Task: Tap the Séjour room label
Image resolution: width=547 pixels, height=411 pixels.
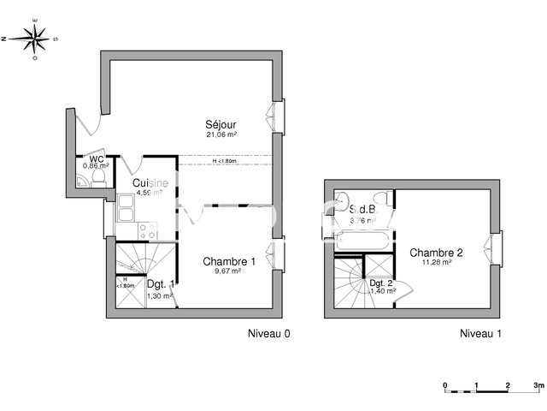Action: (x=220, y=123)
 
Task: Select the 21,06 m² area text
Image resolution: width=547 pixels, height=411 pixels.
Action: (x=221, y=134)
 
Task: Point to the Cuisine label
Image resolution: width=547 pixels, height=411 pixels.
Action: (x=150, y=182)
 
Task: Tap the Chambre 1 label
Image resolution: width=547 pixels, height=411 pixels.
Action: (x=228, y=261)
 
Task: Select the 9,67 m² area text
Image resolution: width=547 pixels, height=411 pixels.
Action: (x=228, y=271)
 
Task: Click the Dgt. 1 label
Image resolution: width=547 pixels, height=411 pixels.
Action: (x=160, y=283)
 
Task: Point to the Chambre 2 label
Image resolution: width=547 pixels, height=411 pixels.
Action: (x=436, y=252)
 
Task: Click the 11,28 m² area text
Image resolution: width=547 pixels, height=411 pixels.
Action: (x=436, y=262)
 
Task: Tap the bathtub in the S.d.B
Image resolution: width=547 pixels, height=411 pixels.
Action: (x=363, y=241)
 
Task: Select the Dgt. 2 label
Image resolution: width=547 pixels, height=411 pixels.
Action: (x=381, y=283)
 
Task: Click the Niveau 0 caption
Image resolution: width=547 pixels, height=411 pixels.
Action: (x=269, y=333)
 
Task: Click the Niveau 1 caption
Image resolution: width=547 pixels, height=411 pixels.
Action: (x=480, y=333)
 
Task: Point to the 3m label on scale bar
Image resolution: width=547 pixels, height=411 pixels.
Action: (x=537, y=385)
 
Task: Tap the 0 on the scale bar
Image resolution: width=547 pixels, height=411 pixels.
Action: (x=444, y=385)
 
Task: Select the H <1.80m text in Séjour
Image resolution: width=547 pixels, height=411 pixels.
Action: (x=229, y=161)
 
